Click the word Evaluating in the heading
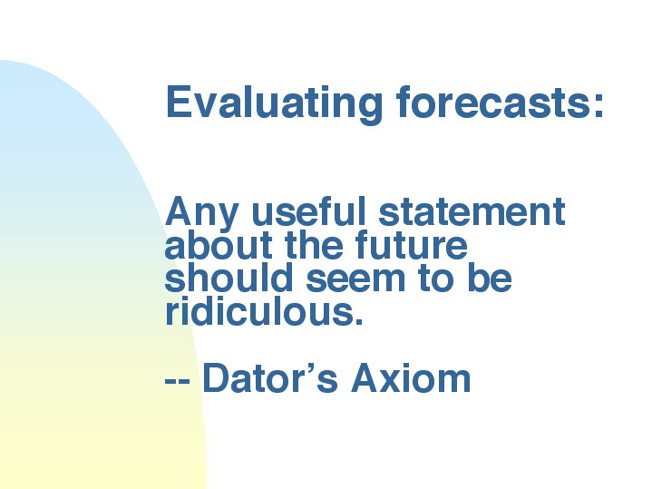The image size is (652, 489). pyautogui.click(x=274, y=104)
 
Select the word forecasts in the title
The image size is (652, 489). pyautogui.click(x=491, y=102)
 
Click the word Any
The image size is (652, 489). pyautogui.click(x=201, y=214)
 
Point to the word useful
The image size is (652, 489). pyautogui.click(x=308, y=210)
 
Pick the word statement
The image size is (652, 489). pyautogui.click(x=472, y=211)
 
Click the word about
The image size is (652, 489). pyautogui.click(x=219, y=244)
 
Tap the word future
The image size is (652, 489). pyautogui.click(x=412, y=244)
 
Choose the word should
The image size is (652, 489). pyautogui.click(x=229, y=278)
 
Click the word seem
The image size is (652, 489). pyautogui.click(x=355, y=280)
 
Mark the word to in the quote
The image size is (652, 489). pyautogui.click(x=436, y=279)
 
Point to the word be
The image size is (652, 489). pyautogui.click(x=490, y=278)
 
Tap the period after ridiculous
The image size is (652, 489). pyautogui.click(x=359, y=321)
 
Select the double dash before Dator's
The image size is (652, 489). pyautogui.click(x=178, y=379)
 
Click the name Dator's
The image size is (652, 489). pyautogui.click(x=270, y=377)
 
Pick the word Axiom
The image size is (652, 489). pyautogui.click(x=411, y=377)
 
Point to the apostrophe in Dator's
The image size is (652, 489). pyautogui.click(x=311, y=368)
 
